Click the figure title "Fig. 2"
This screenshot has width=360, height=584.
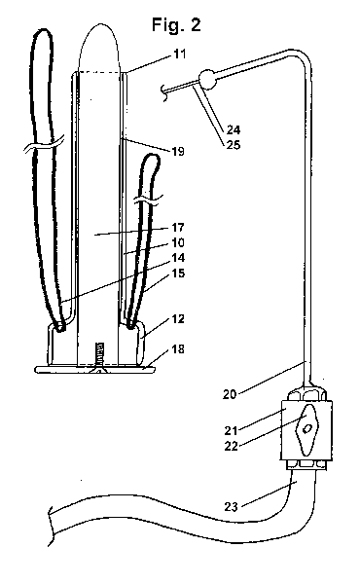(176, 25)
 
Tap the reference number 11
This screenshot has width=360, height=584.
(179, 54)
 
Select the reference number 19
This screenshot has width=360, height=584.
(178, 151)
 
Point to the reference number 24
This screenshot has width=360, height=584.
(234, 129)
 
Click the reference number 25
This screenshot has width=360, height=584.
(234, 144)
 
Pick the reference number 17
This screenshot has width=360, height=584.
(178, 227)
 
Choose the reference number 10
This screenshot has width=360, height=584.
(178, 242)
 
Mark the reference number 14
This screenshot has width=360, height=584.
(178, 258)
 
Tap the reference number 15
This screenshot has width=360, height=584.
(178, 273)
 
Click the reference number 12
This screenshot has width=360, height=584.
(178, 319)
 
